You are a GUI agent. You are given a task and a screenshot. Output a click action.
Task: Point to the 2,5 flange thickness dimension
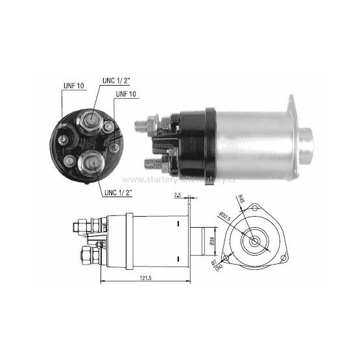178,195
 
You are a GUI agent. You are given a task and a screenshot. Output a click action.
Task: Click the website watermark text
178,179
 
